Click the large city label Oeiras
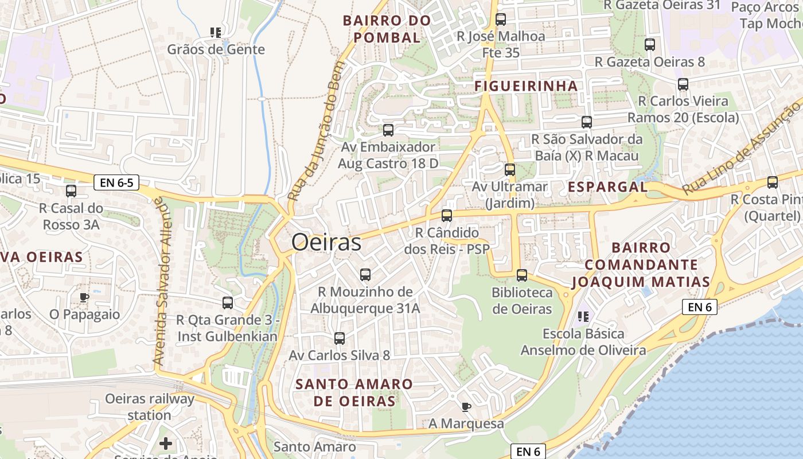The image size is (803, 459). (x=326, y=243)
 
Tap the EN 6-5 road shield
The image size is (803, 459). (x=116, y=183)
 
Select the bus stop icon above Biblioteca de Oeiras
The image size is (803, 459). (x=521, y=275)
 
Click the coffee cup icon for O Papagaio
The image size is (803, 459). (x=84, y=297)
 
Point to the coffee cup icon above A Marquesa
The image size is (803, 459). (x=466, y=407)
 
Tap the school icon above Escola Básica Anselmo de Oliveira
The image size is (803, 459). (x=583, y=316)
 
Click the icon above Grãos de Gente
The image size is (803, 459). (x=216, y=33)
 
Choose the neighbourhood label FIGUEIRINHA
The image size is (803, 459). (x=526, y=86)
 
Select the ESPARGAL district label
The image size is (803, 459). (x=607, y=187)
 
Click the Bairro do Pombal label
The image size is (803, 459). (x=387, y=29)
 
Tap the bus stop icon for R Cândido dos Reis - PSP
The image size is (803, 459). (x=446, y=216)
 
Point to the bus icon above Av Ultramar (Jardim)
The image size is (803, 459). (x=509, y=170)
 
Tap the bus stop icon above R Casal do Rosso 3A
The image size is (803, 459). (x=71, y=191)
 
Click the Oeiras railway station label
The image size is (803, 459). (x=150, y=406)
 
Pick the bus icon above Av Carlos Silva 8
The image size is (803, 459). (x=339, y=338)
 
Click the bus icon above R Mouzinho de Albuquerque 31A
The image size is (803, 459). (x=365, y=275)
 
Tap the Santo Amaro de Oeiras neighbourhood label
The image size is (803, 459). (x=354, y=392)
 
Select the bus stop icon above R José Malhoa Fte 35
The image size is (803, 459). (x=500, y=20)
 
